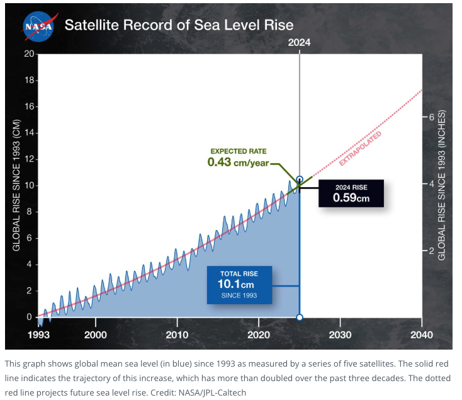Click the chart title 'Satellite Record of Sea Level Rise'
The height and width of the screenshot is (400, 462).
tap(179, 26)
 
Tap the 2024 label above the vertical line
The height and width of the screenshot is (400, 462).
tap(299, 43)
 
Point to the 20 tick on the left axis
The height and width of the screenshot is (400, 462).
tap(29, 54)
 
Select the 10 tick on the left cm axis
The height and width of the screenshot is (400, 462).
tap(29, 186)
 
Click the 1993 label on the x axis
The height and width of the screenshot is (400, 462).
tap(38, 334)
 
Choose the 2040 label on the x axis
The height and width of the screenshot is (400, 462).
tap(421, 334)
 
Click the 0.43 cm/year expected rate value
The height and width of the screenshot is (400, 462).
tap(238, 162)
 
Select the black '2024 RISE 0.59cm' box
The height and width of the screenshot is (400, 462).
tap(351, 193)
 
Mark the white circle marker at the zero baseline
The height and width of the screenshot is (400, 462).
tap(300, 317)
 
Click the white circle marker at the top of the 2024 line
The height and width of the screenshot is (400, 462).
tap(300, 180)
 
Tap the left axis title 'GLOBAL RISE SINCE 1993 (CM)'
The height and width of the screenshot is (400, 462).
tap(17, 185)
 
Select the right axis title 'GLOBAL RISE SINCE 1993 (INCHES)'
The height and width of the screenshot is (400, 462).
tap(442, 186)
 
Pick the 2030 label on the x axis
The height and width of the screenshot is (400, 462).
tap(340, 334)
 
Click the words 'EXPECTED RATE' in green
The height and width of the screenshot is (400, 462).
tap(238, 151)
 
